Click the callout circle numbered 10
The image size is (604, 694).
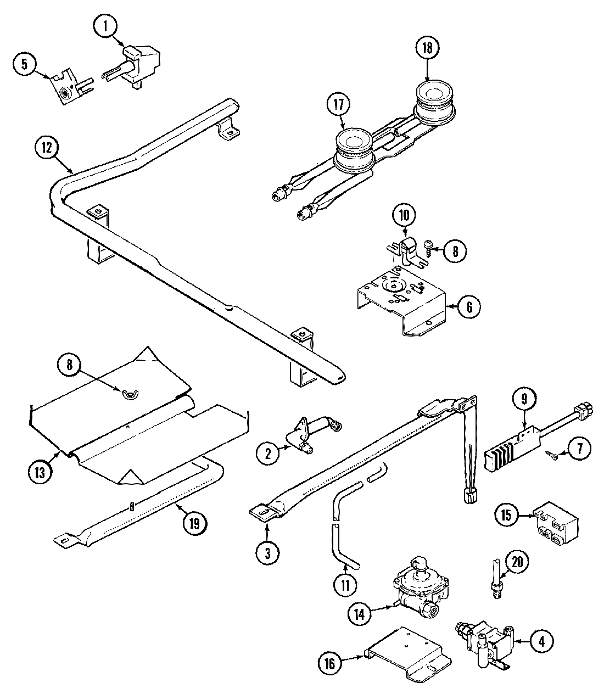404,215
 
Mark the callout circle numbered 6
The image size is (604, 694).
468,307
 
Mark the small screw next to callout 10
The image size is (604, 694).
431,251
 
